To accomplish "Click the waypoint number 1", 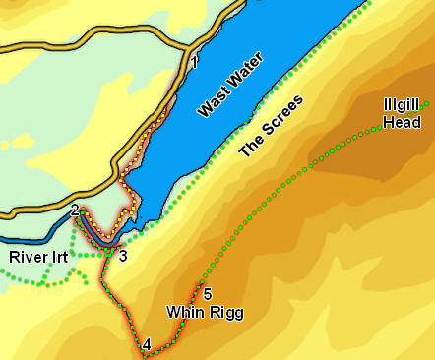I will [195, 64].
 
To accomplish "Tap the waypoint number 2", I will [75, 210].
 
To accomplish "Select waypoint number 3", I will [123, 257].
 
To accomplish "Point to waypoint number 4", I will [147, 344].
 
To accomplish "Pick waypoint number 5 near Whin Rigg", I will [207, 293].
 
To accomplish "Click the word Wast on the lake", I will [210, 101].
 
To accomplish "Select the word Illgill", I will [404, 106].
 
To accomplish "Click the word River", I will [29, 258].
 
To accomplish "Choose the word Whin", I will [183, 313].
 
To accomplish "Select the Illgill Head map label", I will [404, 114].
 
